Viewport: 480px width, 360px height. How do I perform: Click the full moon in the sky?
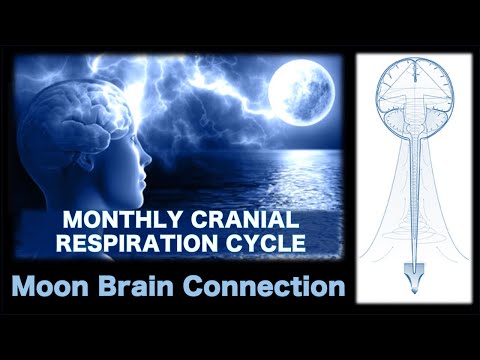(x=302, y=93)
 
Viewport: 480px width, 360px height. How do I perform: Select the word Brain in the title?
(x=150, y=288)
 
